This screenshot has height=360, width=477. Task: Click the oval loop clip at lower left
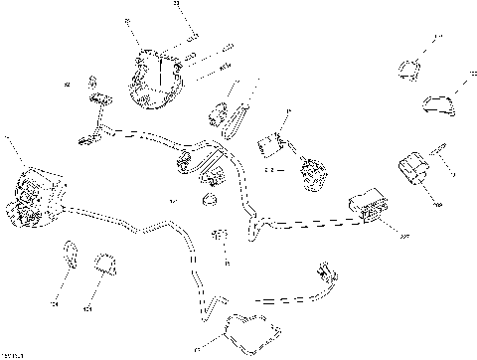click(x=70, y=252)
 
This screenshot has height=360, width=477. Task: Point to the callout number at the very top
click(x=178, y=5)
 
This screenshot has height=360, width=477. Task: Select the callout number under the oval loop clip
click(x=56, y=303)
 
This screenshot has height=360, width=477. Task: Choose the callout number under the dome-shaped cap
click(x=86, y=308)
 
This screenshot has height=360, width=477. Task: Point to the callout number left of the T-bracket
click(x=67, y=85)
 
